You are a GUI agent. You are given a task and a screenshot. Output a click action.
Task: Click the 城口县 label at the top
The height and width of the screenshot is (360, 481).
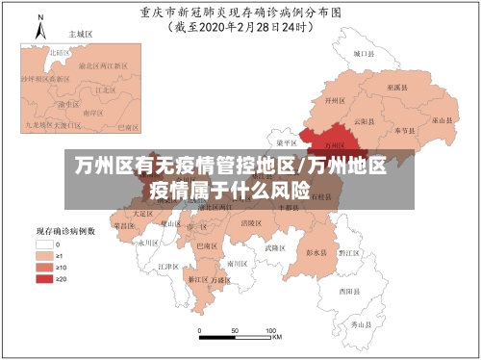pyautogui.click(x=362, y=54)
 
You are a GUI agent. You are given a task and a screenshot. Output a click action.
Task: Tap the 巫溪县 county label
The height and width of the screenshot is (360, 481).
pyautogui.click(x=395, y=87)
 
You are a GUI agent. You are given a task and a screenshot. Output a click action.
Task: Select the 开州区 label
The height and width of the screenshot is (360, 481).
pyautogui.click(x=334, y=99)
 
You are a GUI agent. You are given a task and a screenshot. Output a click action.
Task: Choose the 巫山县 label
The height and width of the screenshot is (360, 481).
pyautogui.click(x=442, y=121)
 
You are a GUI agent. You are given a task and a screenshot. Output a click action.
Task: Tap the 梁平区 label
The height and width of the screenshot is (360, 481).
pyautogui.click(x=286, y=141)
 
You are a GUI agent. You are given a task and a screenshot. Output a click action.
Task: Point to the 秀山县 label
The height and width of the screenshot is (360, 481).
pyautogui.click(x=360, y=324)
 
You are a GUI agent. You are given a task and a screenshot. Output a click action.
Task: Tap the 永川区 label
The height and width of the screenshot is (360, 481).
pyautogui.click(x=146, y=244)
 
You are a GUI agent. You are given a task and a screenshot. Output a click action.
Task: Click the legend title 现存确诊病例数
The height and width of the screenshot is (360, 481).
pyautogui.click(x=64, y=231)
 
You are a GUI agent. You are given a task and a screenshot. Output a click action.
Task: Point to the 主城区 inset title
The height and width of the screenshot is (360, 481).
pyautogui.click(x=80, y=33)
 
